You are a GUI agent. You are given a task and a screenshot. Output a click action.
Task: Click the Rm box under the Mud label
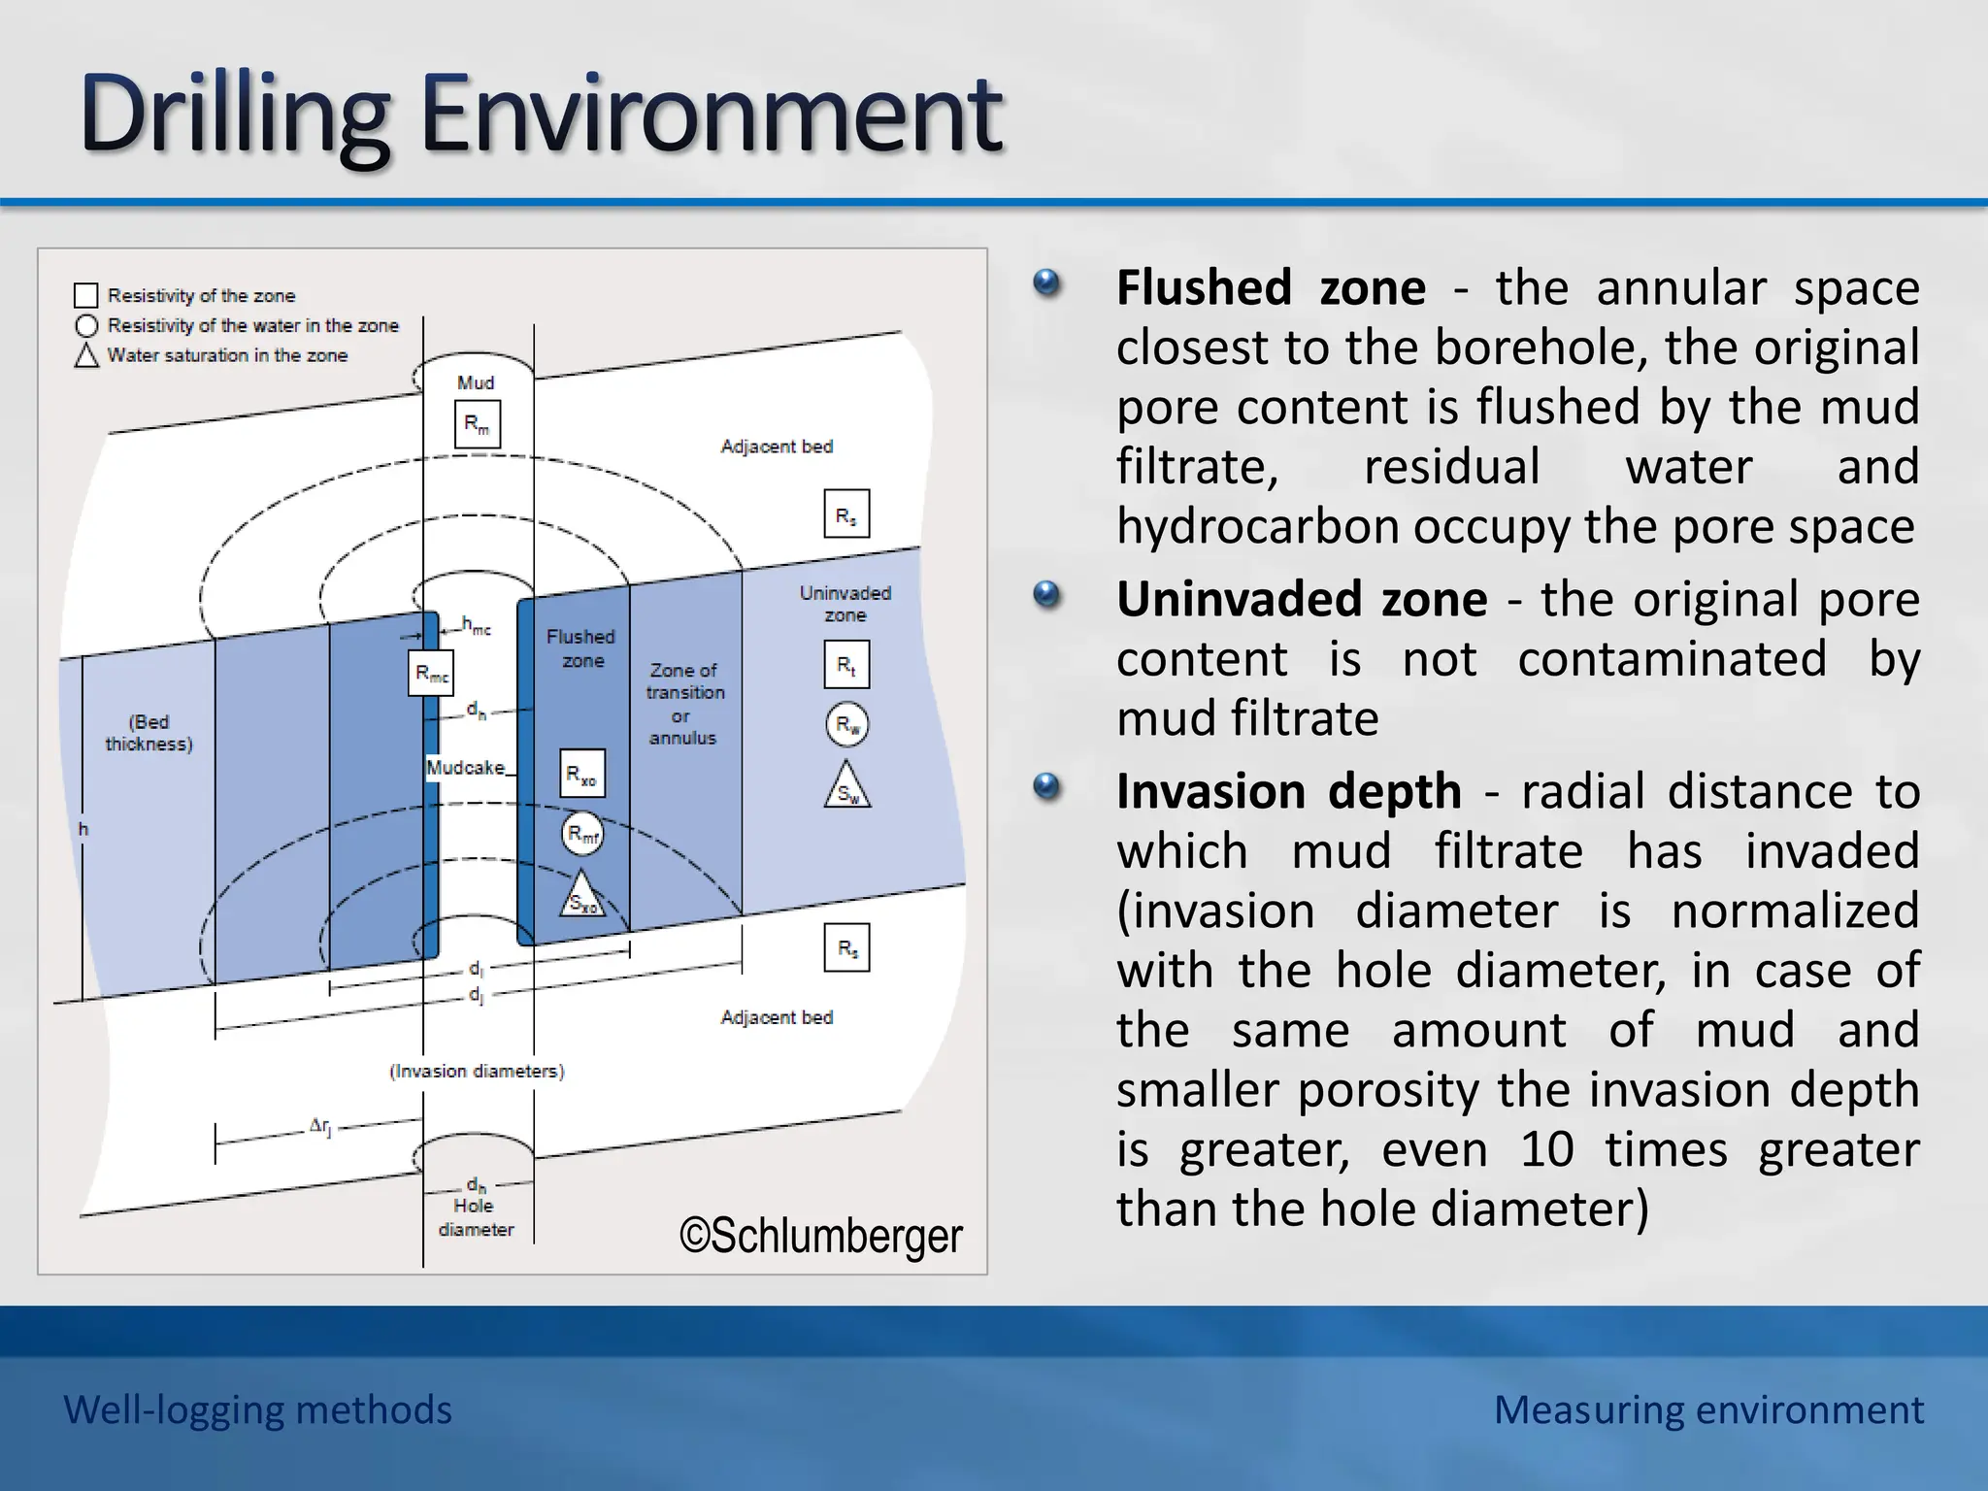coord(477,424)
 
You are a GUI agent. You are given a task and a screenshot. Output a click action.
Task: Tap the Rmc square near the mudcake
coord(430,673)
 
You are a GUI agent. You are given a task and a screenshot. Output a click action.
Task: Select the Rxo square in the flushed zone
coord(581,774)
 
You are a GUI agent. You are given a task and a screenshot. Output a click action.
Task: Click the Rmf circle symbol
coord(582,834)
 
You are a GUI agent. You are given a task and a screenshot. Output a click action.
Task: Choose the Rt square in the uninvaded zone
coord(846,665)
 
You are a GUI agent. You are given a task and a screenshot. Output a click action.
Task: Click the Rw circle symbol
coord(846,724)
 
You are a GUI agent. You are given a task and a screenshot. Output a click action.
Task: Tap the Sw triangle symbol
coord(847,788)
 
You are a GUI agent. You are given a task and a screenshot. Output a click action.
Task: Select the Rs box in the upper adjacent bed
coord(846,514)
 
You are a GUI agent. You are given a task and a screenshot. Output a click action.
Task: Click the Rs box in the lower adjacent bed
coord(846,947)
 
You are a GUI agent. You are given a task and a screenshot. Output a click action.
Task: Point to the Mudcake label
coord(466,768)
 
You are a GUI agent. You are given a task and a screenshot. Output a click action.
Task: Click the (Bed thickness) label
coord(149,733)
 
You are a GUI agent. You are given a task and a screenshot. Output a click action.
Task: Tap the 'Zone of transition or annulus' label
coord(683,704)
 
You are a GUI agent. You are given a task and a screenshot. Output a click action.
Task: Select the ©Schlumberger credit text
coord(820,1236)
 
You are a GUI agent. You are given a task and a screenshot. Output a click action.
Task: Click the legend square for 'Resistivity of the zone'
coord(86,295)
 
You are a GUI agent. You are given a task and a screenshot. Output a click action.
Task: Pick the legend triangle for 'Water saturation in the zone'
coord(86,355)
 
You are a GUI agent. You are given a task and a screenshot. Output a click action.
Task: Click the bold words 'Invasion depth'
coord(1288,791)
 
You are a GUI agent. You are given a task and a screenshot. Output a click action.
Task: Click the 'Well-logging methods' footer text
coord(257,1409)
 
